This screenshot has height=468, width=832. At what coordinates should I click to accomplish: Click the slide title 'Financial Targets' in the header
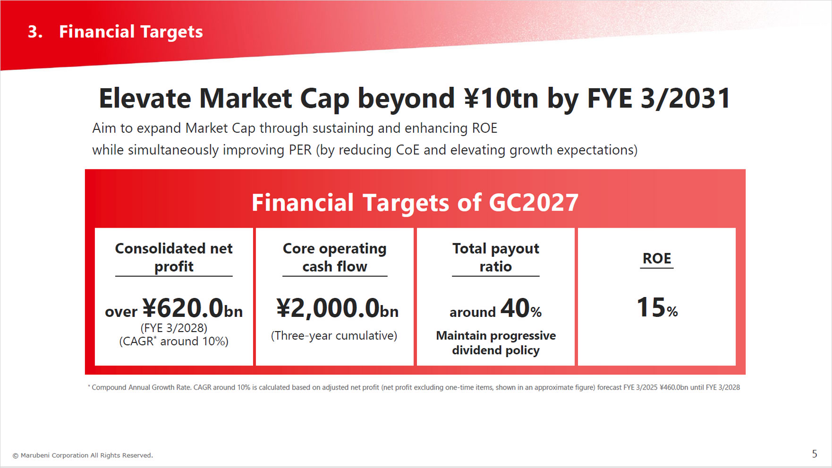pyautogui.click(x=131, y=32)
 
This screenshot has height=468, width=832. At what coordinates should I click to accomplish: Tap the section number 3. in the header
pyautogui.click(x=35, y=32)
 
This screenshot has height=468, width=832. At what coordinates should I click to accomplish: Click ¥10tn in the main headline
pyautogui.click(x=501, y=99)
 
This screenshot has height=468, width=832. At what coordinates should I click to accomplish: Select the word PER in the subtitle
pyautogui.click(x=300, y=150)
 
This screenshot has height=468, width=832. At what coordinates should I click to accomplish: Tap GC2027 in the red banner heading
pyautogui.click(x=534, y=203)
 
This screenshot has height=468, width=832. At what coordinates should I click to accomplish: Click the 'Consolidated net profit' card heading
pyautogui.click(x=174, y=257)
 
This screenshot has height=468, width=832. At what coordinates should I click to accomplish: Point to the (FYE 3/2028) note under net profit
pyautogui.click(x=174, y=328)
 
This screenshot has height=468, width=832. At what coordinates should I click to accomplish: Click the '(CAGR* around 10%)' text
pyautogui.click(x=174, y=341)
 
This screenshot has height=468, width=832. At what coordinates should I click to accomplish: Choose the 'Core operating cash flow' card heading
pyautogui.click(x=334, y=257)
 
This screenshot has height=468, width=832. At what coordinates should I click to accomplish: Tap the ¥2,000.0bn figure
pyautogui.click(x=337, y=309)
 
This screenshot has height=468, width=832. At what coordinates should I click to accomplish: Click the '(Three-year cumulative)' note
pyautogui.click(x=334, y=336)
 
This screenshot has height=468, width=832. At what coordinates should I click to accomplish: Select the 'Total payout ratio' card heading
pyautogui.click(x=495, y=257)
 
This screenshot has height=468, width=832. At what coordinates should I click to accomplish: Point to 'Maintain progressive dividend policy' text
pyautogui.click(x=496, y=343)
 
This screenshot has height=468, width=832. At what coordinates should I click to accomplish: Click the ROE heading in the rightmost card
pyautogui.click(x=656, y=259)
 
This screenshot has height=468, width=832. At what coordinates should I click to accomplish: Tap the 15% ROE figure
pyautogui.click(x=657, y=308)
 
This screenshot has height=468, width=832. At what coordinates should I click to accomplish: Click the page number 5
pyautogui.click(x=815, y=454)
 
